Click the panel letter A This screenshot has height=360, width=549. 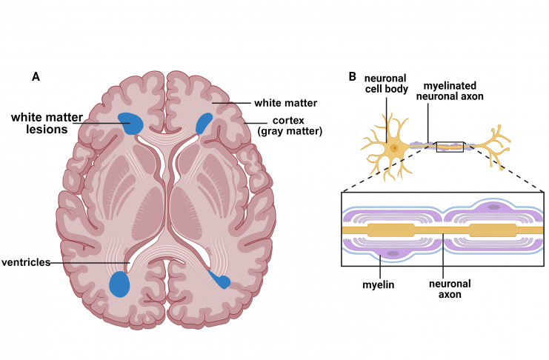click(36, 76)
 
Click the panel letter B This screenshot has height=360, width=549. click(352, 76)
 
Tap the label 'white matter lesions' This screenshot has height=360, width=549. click(47, 123)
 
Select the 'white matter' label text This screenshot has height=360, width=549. click(286, 103)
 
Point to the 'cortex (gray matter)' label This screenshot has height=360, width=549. click(290, 126)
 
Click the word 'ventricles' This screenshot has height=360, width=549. click(26, 262)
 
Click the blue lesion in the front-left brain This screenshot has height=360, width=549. click(130, 123)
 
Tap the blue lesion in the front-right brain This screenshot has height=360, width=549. click(204, 123)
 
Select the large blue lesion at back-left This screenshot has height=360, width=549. click(119, 284)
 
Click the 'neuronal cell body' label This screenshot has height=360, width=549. click(387, 84)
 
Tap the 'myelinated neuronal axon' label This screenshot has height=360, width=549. click(450, 90)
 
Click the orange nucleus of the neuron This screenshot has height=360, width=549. click(395, 148)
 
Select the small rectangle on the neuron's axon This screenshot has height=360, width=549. click(450, 147)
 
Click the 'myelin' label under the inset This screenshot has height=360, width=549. click(378, 284)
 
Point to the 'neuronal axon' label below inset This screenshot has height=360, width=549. click(450, 289)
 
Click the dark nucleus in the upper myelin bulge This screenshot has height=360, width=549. click(494, 207)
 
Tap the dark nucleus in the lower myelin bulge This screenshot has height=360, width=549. click(393, 253)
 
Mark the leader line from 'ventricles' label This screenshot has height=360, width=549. click(90, 263)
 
